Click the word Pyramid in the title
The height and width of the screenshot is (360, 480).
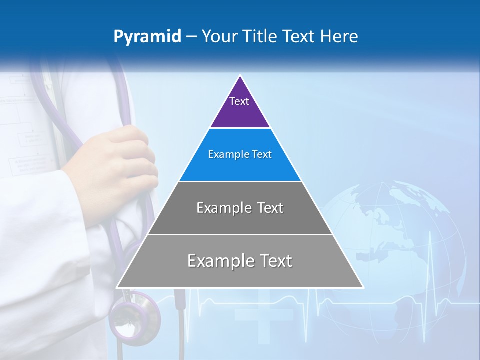point(147,37)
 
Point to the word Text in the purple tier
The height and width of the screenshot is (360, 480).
point(239,101)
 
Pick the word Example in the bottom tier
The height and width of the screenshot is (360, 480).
point(216,261)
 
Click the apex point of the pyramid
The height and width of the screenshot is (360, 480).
point(240,75)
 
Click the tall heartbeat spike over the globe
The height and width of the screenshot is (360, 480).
point(429,250)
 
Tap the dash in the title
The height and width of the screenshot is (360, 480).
point(191,37)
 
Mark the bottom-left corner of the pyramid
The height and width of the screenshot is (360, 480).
point(117,287)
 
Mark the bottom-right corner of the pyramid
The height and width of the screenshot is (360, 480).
point(363,287)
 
